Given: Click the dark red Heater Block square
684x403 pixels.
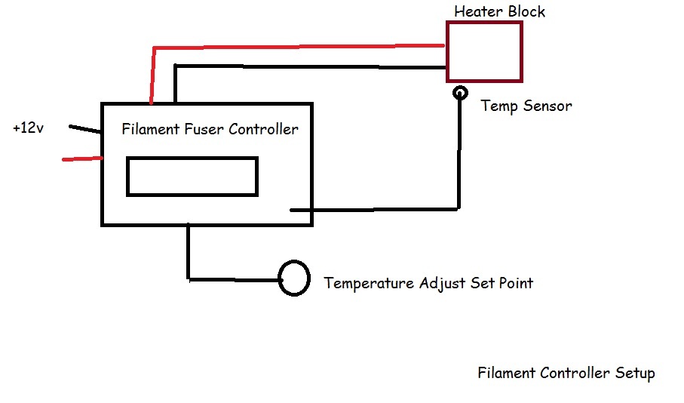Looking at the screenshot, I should (484, 52).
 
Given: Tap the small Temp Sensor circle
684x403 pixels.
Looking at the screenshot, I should (459, 94).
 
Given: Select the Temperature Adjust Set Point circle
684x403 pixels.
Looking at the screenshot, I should (294, 278).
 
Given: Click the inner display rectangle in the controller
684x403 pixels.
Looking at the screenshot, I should (192, 177).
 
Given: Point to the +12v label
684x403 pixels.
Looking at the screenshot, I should (29, 128).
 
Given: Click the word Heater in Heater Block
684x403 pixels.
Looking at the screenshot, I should (477, 12).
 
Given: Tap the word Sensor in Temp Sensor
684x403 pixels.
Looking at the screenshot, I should (547, 106).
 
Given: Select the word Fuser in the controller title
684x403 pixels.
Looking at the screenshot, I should (203, 129).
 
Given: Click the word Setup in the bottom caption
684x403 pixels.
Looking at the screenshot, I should (634, 374).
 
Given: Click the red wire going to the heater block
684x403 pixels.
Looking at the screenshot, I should (302, 47).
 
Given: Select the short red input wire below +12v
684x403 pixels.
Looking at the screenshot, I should (82, 159).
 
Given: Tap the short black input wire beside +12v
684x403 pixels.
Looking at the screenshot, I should (85, 130).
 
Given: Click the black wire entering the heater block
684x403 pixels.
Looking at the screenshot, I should (309, 66).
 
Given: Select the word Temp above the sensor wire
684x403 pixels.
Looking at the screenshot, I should (498, 106).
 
